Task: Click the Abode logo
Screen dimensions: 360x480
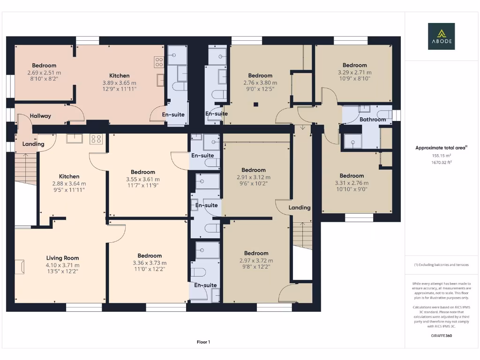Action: click(441, 37)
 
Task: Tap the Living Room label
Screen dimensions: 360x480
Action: click(62, 258)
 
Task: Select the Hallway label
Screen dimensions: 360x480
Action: click(40, 116)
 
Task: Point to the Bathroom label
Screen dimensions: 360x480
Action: click(373, 120)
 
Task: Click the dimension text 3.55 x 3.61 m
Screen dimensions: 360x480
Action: click(143, 179)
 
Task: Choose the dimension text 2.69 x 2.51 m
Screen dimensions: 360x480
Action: click(44, 73)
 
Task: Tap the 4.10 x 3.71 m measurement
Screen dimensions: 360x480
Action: click(62, 265)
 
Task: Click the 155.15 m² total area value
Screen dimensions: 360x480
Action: click(441, 156)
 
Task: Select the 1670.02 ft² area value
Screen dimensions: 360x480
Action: click(441, 162)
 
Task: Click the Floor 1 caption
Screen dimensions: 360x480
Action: click(203, 342)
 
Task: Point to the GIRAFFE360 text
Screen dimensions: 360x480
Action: click(441, 336)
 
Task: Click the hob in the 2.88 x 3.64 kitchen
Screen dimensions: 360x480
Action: click(97, 139)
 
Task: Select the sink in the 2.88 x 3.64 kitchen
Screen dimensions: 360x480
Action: click(75, 138)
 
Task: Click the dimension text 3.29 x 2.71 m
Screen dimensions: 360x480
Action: click(354, 73)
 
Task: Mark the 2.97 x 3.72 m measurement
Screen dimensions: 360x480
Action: click(256, 261)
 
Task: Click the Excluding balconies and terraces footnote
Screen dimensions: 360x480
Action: click(441, 265)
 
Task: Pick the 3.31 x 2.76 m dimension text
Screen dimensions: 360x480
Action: click(352, 183)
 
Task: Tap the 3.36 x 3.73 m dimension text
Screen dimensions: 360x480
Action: click(150, 263)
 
